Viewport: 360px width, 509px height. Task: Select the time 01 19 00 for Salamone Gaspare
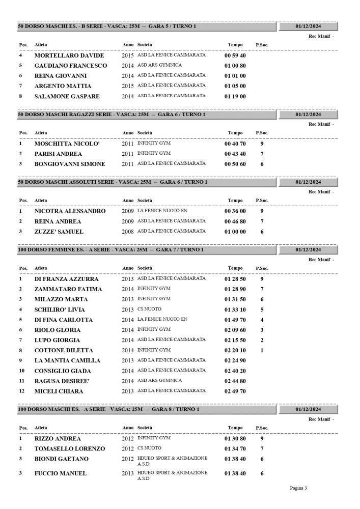(235, 96)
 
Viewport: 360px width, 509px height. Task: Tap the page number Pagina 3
(298, 488)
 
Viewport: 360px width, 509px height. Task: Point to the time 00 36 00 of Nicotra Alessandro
(235, 211)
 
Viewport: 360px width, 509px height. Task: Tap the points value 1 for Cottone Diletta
(262, 350)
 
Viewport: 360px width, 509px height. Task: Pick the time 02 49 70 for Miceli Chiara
(235, 391)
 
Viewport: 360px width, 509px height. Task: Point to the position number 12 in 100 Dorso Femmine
(21, 391)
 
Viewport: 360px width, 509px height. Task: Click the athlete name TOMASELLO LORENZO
(69, 448)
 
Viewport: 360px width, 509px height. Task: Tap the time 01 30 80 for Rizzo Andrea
(235, 438)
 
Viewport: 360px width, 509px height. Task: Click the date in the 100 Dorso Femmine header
(308, 250)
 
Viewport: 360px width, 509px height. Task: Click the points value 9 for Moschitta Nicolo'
(262, 144)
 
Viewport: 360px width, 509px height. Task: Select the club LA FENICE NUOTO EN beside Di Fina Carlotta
(162, 319)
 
